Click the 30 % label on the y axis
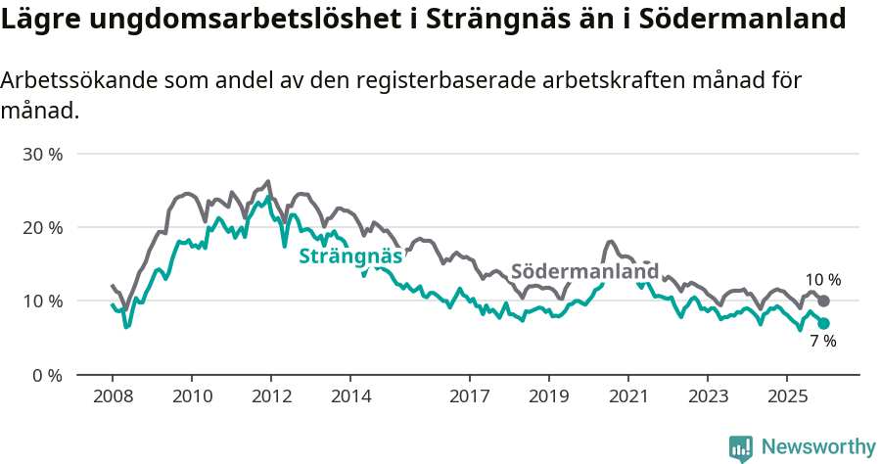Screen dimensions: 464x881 [42, 155]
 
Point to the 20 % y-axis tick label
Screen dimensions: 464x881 [42, 228]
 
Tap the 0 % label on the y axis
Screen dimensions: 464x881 [47, 375]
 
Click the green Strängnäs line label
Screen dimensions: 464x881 [351, 256]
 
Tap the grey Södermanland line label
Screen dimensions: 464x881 [584, 271]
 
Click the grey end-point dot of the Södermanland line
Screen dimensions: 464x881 [823, 301]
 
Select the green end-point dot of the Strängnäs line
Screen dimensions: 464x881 [823, 323]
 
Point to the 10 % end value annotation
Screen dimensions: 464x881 [822, 280]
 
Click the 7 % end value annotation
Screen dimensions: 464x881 [822, 342]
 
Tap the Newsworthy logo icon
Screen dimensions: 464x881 [741, 447]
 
